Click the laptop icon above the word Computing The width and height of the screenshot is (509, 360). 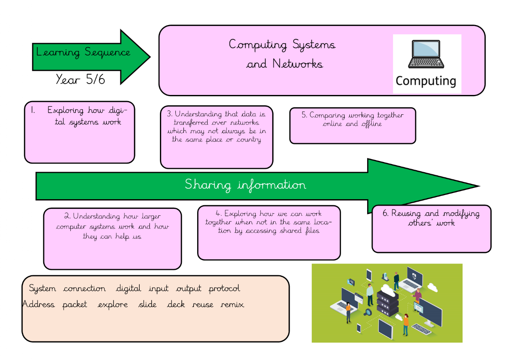(x=426, y=55)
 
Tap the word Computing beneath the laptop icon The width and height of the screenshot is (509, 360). (x=426, y=81)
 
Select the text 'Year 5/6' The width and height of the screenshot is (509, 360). (x=80, y=79)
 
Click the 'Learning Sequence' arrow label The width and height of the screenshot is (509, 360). (x=83, y=53)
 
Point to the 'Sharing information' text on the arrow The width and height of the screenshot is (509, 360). (x=245, y=185)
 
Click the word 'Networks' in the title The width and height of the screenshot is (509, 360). (x=298, y=64)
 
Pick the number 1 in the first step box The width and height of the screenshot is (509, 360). (x=33, y=110)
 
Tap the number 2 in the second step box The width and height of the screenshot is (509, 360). (x=67, y=217)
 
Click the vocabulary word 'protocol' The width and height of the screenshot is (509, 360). (x=224, y=289)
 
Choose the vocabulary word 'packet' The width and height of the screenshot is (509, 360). (x=75, y=305)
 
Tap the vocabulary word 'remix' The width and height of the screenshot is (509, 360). (x=232, y=305)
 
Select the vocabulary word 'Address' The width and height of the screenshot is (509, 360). (x=38, y=304)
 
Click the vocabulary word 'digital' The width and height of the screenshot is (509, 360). (x=128, y=289)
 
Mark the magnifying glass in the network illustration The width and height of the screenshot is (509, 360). (x=368, y=312)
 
